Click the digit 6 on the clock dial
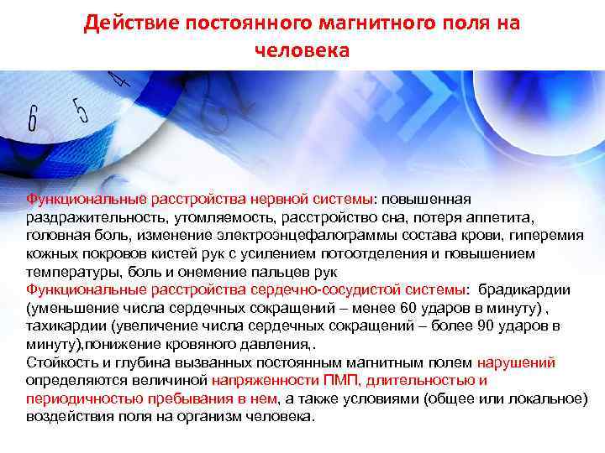33,120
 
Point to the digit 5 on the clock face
81,110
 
